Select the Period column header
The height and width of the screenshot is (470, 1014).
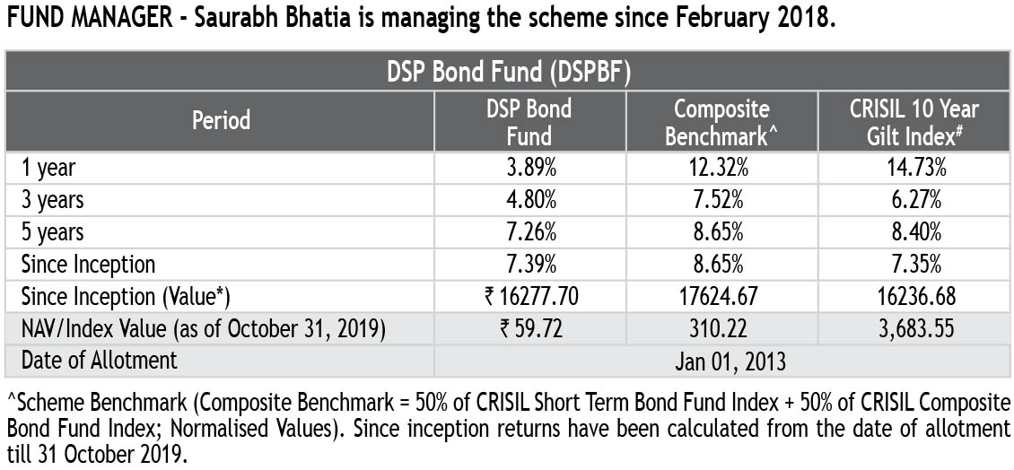click(221, 120)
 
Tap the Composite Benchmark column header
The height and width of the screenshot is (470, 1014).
click(721, 122)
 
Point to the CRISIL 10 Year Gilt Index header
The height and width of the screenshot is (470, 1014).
click(913, 122)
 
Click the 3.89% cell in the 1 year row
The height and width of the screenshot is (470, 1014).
click(530, 168)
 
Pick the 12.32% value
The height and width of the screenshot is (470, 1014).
click(721, 168)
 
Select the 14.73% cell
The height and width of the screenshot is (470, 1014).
click(913, 168)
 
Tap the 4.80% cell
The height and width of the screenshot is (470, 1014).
click(530, 199)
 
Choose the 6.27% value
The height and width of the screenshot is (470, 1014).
click(913, 199)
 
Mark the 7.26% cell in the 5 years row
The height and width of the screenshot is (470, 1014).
click(530, 231)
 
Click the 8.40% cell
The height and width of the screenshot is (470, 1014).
click(913, 231)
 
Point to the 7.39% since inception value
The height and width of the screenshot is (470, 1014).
click(530, 264)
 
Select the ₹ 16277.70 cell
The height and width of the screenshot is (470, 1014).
click(530, 296)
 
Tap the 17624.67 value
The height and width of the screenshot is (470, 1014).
click(721, 296)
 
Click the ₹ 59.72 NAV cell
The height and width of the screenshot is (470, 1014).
click(530, 328)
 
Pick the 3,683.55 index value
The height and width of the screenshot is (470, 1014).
click(913, 328)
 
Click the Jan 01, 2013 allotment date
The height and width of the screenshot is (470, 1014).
click(721, 361)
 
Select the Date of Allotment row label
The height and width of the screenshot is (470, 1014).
click(99, 361)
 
